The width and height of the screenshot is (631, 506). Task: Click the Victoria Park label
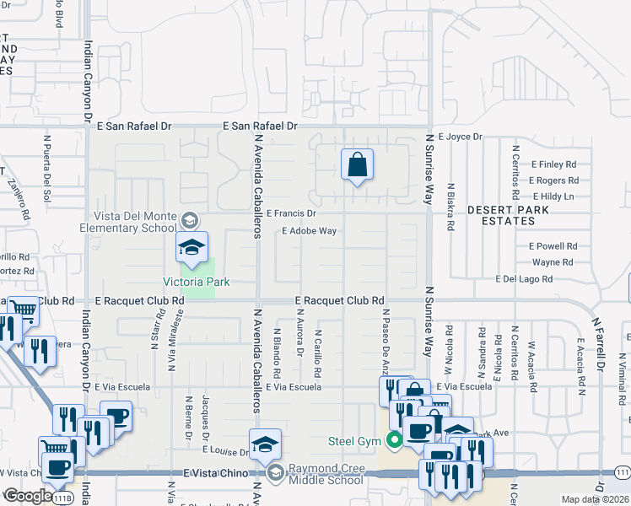197,281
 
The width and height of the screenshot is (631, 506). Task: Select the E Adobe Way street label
309,230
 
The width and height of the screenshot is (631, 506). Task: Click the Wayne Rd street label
553,262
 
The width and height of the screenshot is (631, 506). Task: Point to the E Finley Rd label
553,164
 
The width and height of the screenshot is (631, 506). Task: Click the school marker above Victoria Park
191,246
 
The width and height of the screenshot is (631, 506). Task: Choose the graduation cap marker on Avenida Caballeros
265,444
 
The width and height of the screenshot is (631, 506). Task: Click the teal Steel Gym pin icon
393,439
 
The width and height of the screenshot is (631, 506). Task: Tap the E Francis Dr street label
291,214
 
